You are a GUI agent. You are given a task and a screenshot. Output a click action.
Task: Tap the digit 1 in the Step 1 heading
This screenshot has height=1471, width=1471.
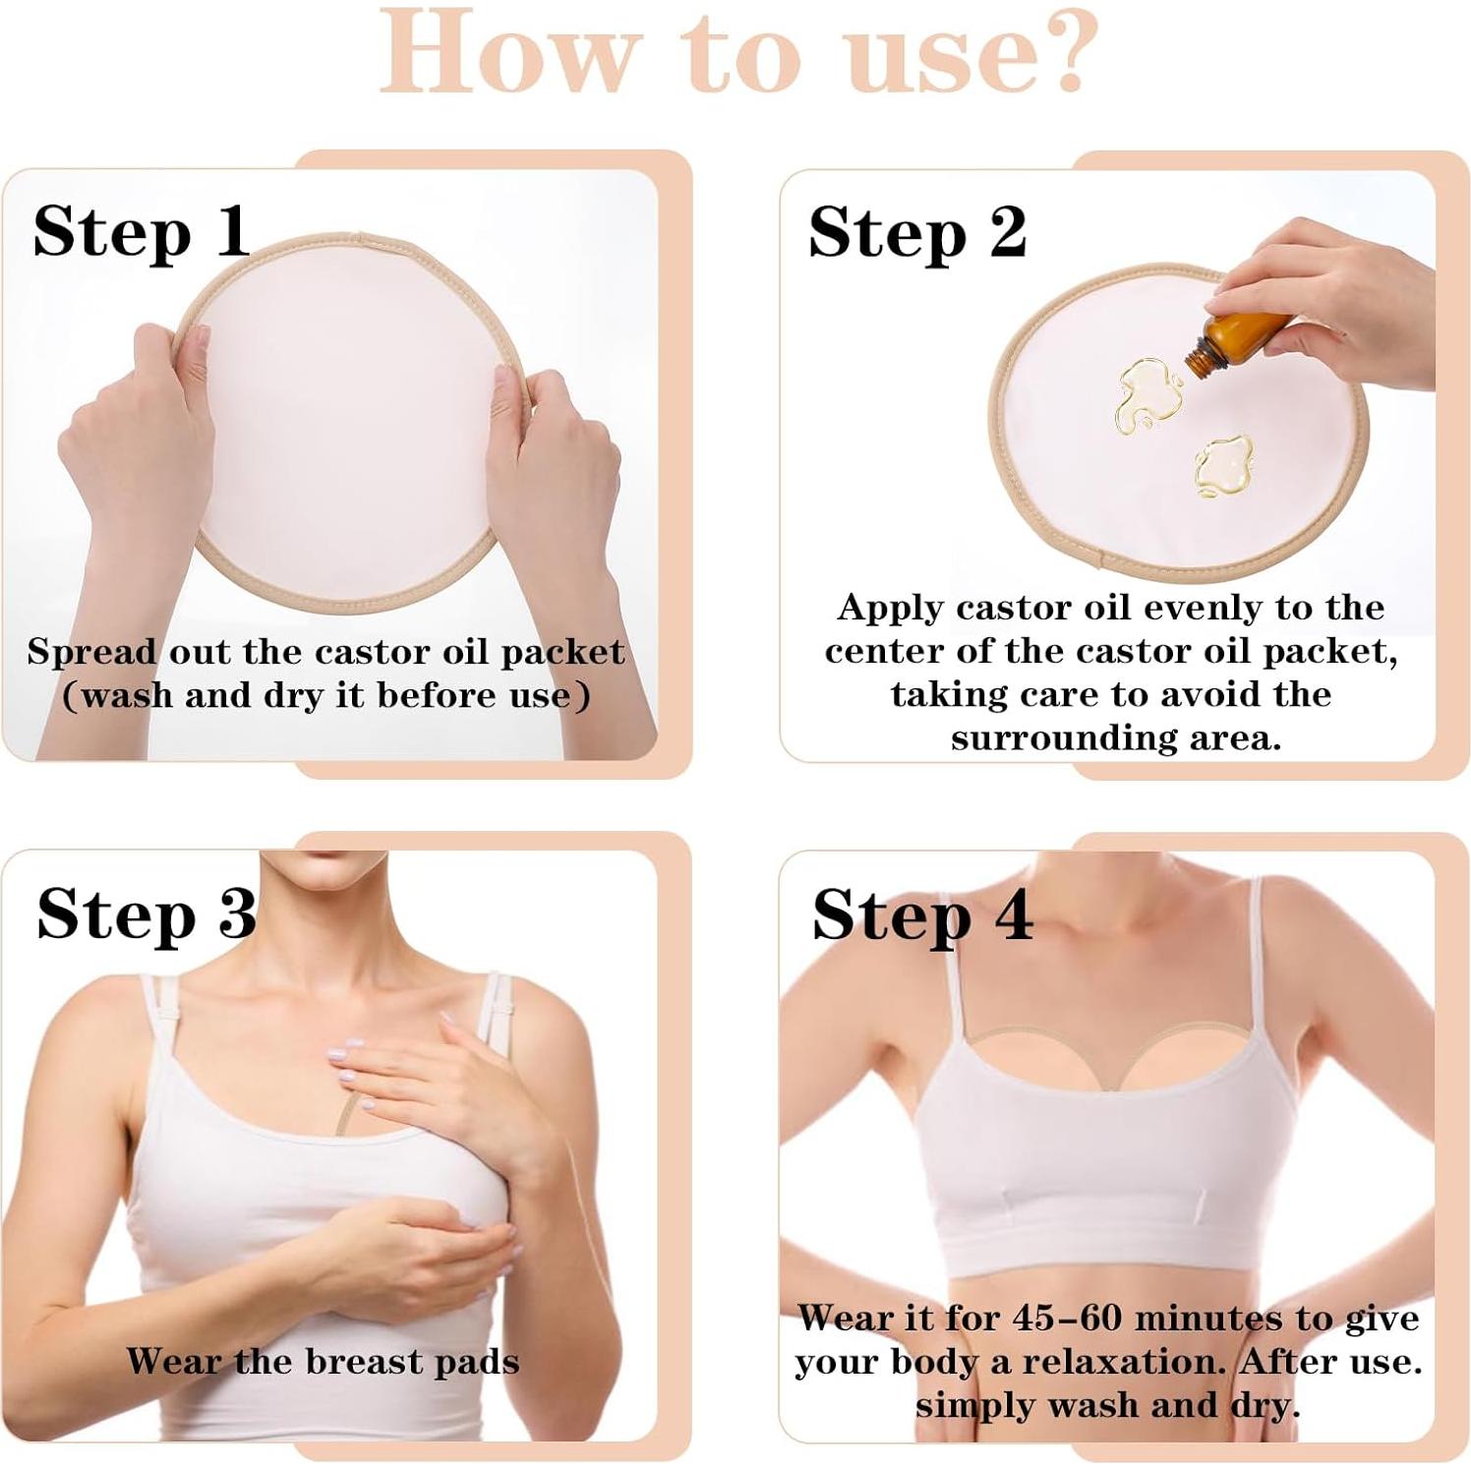233,232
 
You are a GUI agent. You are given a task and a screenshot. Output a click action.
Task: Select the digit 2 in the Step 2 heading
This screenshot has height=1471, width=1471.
1007,232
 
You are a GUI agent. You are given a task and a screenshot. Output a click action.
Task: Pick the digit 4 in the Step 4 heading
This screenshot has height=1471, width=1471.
1012,914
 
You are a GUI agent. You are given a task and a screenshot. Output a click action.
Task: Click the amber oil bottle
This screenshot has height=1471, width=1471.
1237,343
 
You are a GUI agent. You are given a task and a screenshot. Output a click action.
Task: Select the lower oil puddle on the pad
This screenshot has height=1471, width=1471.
1222,465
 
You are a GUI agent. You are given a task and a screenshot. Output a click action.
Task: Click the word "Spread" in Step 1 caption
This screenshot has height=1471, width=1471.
91,653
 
